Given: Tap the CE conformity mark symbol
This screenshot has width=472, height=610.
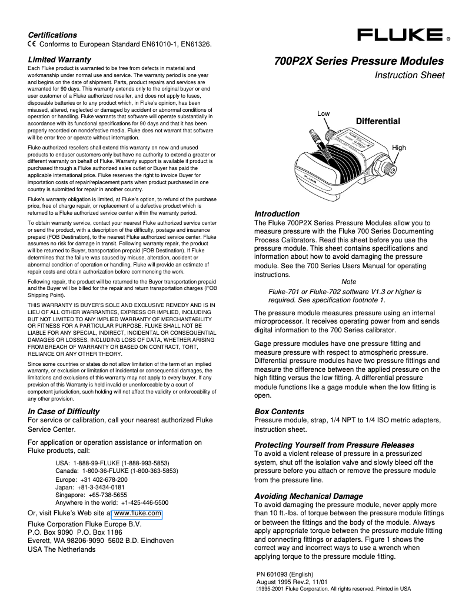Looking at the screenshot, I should [x=32, y=44].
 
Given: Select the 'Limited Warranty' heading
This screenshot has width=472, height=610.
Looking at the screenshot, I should [x=59, y=59].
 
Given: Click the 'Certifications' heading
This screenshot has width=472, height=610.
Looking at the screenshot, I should [x=52, y=35].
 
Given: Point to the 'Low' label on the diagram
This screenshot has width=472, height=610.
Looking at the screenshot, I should [x=323, y=113].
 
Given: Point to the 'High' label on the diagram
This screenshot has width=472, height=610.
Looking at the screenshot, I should [x=399, y=148].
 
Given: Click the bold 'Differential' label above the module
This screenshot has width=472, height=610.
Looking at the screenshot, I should [x=378, y=121].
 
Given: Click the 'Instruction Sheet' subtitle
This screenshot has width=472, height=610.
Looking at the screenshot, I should [x=410, y=75].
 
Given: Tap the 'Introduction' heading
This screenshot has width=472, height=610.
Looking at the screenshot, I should [x=277, y=214].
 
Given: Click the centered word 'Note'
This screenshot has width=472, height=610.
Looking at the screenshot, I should [x=349, y=282].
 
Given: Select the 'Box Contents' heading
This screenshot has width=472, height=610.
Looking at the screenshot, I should [x=279, y=411].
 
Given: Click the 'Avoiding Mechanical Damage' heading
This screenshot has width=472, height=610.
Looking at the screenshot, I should [x=308, y=496].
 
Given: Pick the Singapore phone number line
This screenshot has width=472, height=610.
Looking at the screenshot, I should [x=91, y=495].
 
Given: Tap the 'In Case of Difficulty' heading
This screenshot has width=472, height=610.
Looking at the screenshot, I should [x=64, y=411].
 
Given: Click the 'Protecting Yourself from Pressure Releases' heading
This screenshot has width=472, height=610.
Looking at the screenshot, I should [x=334, y=445].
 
